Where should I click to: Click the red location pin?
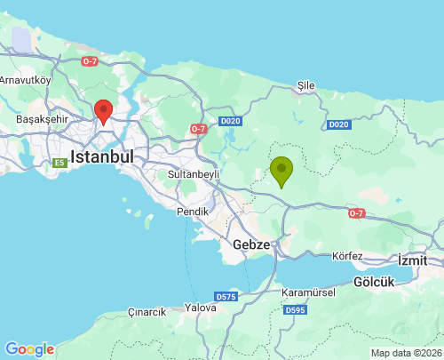point(103,111)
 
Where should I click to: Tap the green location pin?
point(281,170)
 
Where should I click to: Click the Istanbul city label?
point(101,156)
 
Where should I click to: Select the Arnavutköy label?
point(27,79)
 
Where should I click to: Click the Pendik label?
point(192,212)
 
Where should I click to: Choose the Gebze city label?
point(251,244)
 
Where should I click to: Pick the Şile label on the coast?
point(306,84)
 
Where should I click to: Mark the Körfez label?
point(347,256)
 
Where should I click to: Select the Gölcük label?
point(373,281)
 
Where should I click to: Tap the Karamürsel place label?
point(305,292)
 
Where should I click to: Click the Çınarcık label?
point(147,312)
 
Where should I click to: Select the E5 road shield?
point(59,163)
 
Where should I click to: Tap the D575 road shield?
point(226,296)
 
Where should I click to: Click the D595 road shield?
point(295,310)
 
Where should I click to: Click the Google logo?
point(29,349)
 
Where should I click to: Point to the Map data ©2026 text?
point(405,353)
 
